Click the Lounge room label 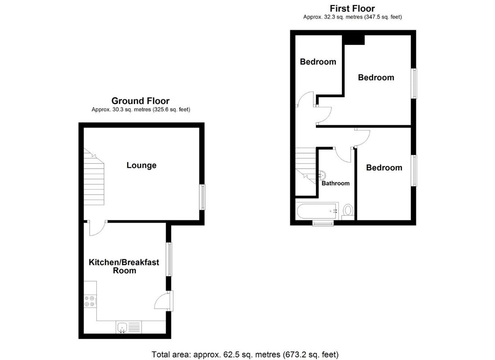pyautogui.click(x=141, y=165)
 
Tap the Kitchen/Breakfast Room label pyautogui.click(x=124, y=266)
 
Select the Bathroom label pyautogui.click(x=335, y=183)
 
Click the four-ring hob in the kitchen pyautogui.click(x=90, y=301)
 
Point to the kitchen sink pyautogui.click(x=122, y=328)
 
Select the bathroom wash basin pyautogui.click(x=322, y=175)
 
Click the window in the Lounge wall pyautogui.click(x=202, y=197)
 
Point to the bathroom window pyautogui.click(x=323, y=223)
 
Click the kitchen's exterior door pyautogui.click(x=165, y=301)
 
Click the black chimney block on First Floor pyautogui.click(x=354, y=40)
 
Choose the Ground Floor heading pyautogui.click(x=140, y=101)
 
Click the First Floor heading pyautogui.click(x=352, y=8)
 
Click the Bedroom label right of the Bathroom pyautogui.click(x=384, y=168)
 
